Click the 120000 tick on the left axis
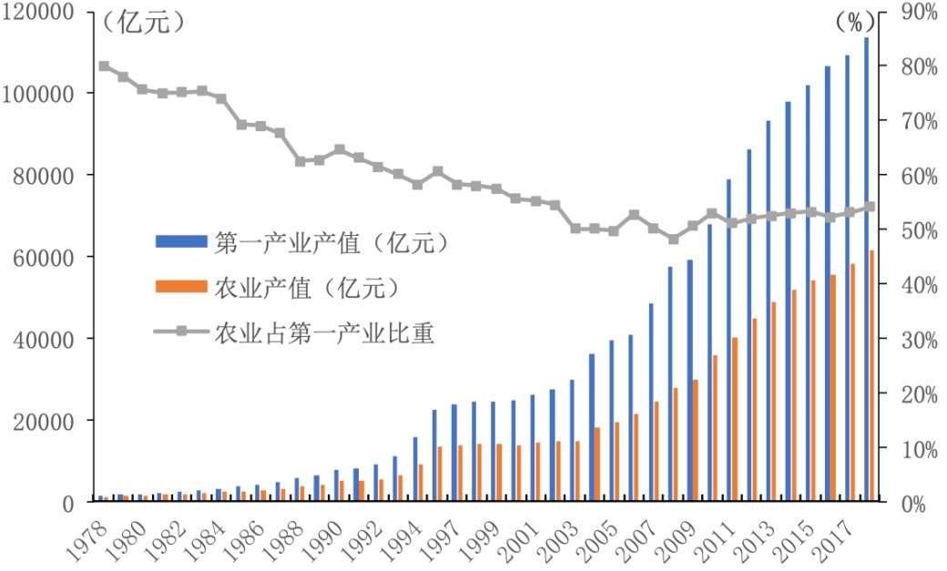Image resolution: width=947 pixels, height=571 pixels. click(43, 12)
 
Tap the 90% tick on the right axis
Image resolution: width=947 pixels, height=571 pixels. click(919, 12)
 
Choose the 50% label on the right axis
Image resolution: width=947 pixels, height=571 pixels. click(919, 230)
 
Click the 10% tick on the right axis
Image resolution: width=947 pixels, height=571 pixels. click(919, 449)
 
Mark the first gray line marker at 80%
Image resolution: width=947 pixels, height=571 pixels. click(104, 66)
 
